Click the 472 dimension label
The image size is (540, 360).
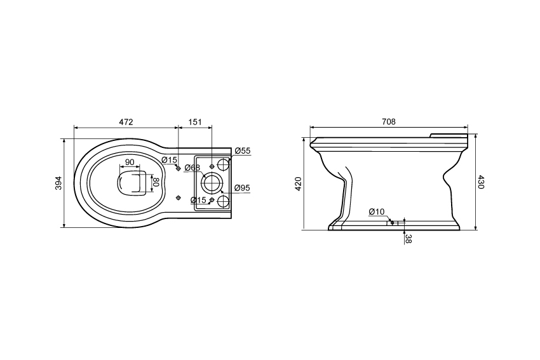pyautogui.click(x=126, y=122)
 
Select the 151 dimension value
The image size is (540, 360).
pyautogui.click(x=195, y=122)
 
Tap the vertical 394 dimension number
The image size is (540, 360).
pyautogui.click(x=58, y=183)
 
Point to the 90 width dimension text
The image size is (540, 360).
pyautogui.click(x=130, y=162)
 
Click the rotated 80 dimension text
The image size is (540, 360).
pyautogui.click(x=155, y=182)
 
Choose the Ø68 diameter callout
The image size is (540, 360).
pyautogui.click(x=192, y=168)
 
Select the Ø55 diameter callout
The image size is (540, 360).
pyautogui.click(x=243, y=150)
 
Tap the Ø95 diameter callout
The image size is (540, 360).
pyautogui.click(x=242, y=188)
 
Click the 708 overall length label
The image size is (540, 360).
pyautogui.click(x=389, y=121)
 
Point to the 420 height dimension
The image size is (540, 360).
pyautogui.click(x=298, y=183)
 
